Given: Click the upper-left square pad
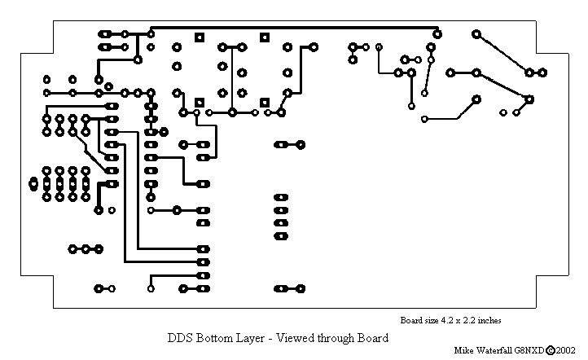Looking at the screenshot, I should click(x=199, y=37).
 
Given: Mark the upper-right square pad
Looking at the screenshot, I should click(x=264, y=37).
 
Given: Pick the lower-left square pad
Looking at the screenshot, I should click(x=199, y=102).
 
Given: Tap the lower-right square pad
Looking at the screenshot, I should click(x=264, y=102).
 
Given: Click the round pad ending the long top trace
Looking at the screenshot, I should click(x=437, y=34).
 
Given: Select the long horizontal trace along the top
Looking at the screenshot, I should click(x=293, y=29).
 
